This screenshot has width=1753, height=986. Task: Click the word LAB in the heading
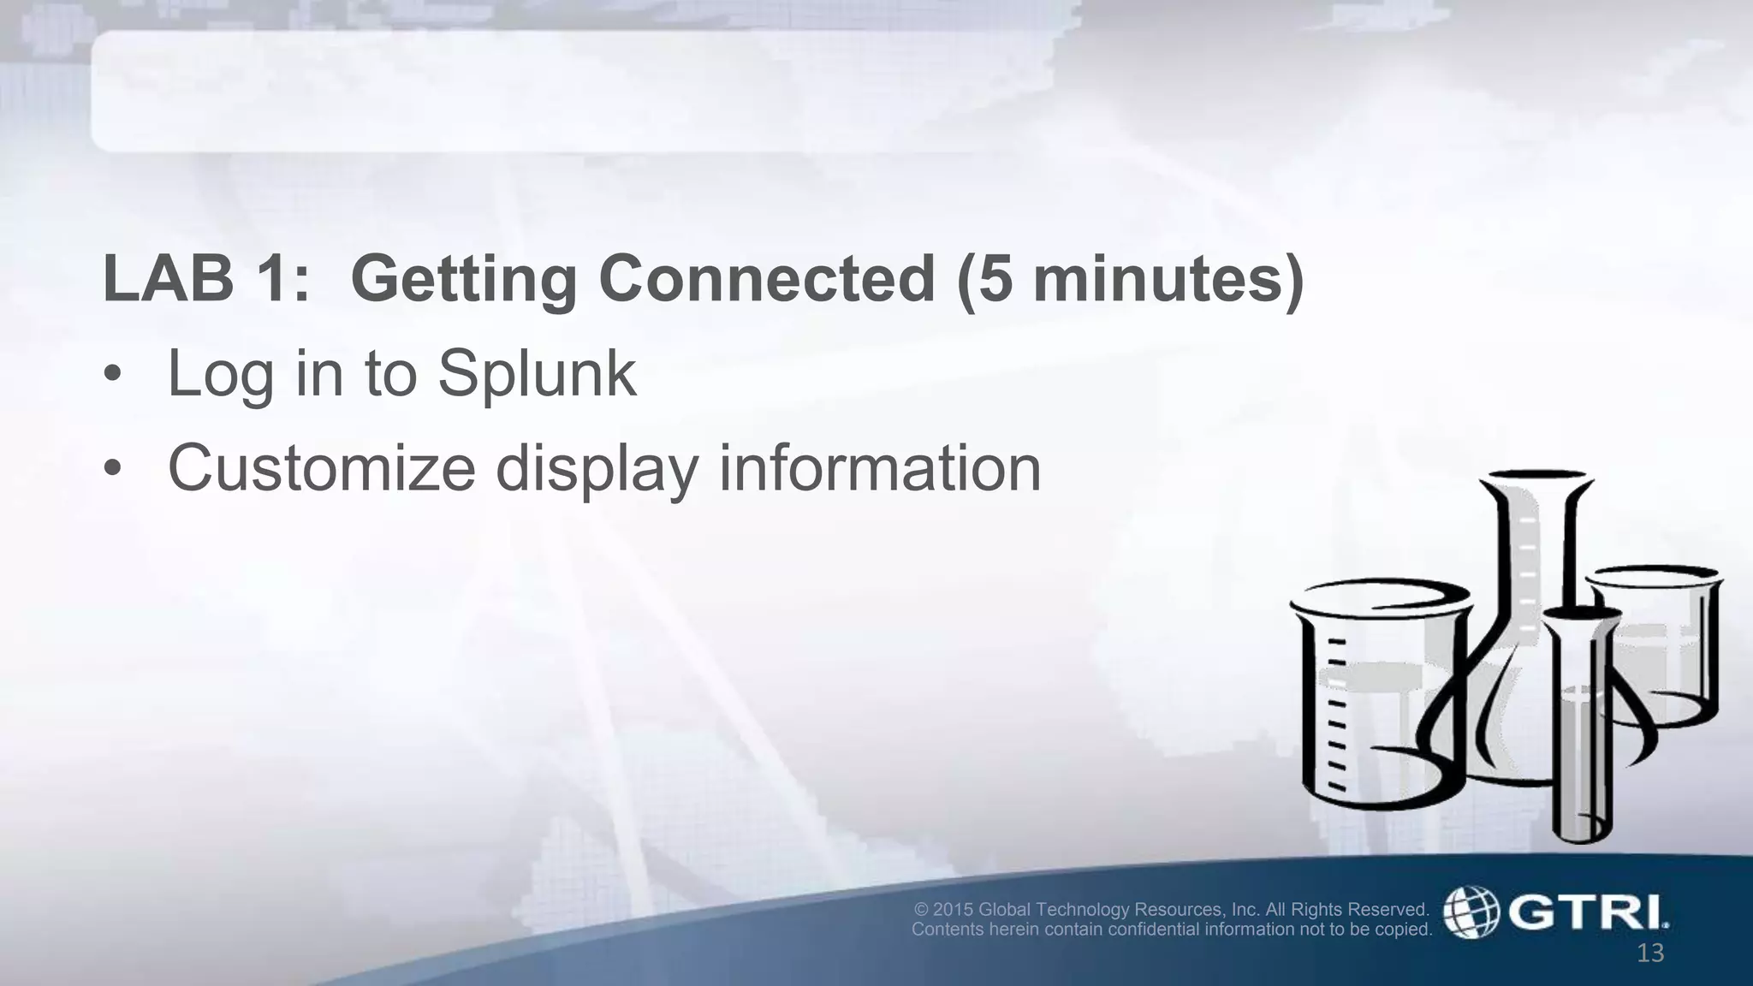pyautogui.click(x=168, y=279)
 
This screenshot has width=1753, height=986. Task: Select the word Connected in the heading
pyautogui.click(x=767, y=279)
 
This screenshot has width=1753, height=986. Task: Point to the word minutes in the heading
pyautogui.click(x=1157, y=279)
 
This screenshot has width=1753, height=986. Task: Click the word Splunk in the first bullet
pyautogui.click(x=537, y=375)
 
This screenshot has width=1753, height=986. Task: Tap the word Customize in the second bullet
pyautogui.click(x=321, y=468)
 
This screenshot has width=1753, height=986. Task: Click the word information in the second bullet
pyautogui.click(x=879, y=468)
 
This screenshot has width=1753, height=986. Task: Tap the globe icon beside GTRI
pyautogui.click(x=1471, y=912)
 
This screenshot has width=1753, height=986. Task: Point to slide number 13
pyautogui.click(x=1649, y=953)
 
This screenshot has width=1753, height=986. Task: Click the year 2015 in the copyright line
pyautogui.click(x=953, y=909)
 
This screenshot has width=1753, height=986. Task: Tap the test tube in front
pyautogui.click(x=1581, y=728)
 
